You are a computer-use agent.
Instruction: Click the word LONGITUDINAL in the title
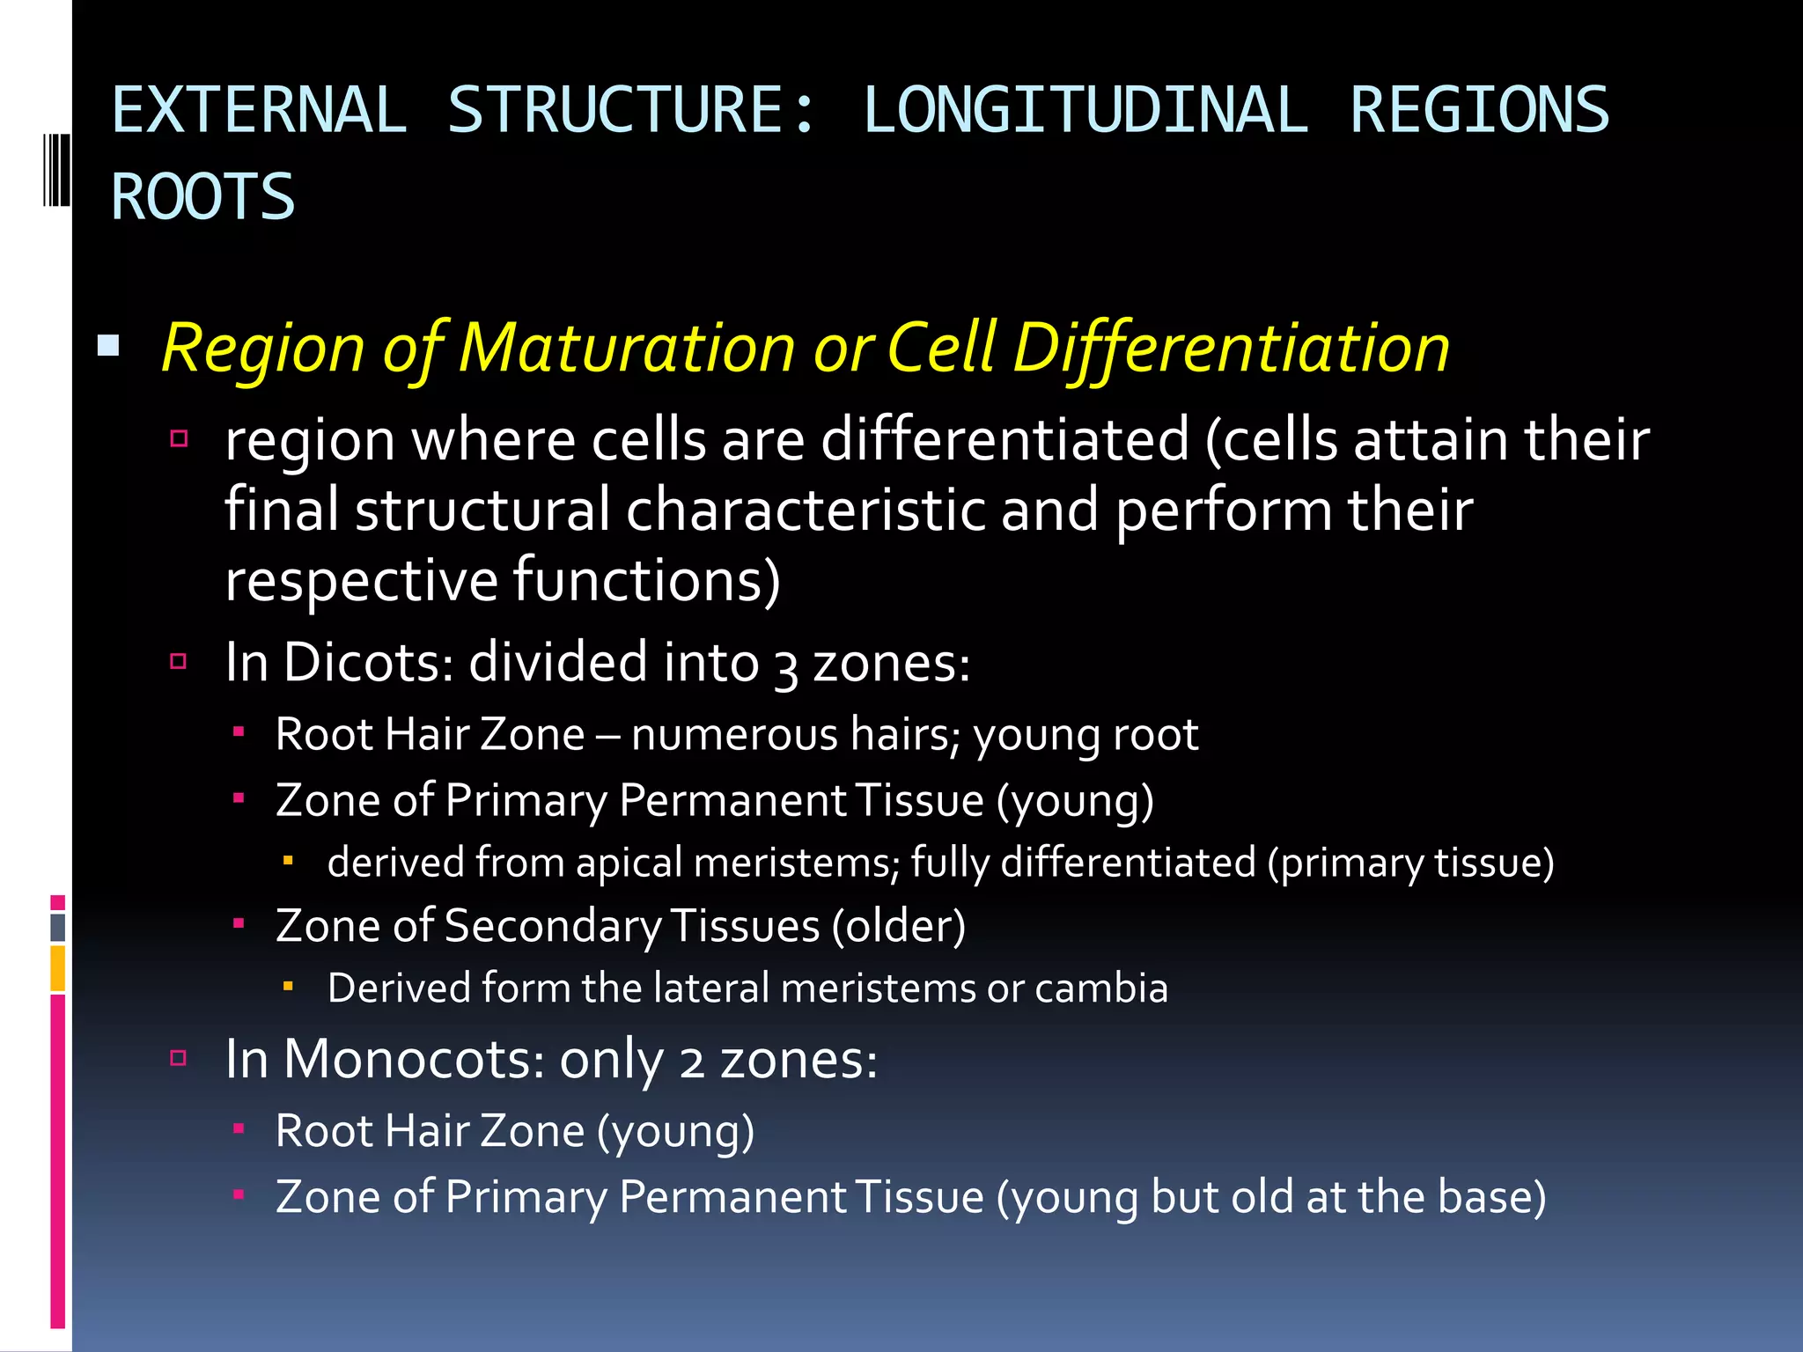[x=1085, y=111]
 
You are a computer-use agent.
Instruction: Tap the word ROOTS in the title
[x=203, y=197]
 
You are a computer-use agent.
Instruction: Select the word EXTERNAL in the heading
[x=260, y=111]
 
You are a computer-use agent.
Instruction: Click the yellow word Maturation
[x=628, y=348]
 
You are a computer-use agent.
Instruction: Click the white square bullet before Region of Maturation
[x=108, y=345]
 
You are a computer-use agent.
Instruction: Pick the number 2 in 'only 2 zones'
[x=691, y=1062]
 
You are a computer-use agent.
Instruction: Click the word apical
[x=629, y=863]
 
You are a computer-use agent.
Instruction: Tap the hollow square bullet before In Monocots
[x=179, y=1057]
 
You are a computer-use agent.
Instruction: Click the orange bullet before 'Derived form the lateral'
[x=288, y=988]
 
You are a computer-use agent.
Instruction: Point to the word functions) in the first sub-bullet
[x=647, y=581]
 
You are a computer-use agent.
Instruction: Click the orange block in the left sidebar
[x=57, y=967]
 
